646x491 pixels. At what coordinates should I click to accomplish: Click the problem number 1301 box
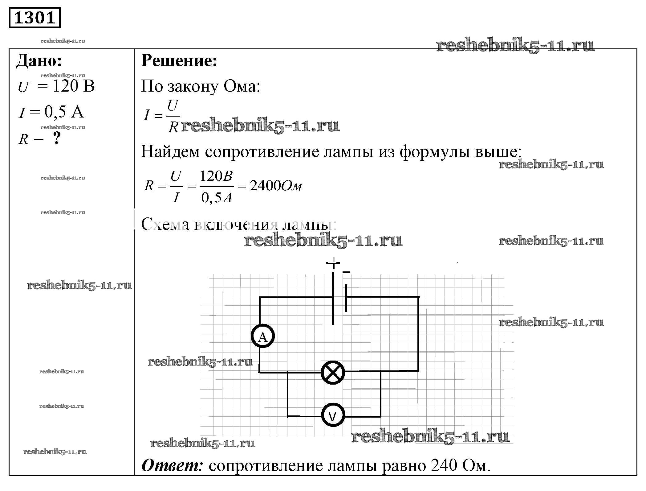coord(35,18)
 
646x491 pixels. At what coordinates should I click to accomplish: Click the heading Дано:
coord(39,61)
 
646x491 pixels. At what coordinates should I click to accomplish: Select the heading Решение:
coord(179,61)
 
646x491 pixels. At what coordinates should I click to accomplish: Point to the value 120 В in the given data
coord(74,86)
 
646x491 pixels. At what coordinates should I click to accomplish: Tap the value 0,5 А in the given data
coord(64,112)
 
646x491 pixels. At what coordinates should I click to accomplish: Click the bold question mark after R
coord(57,138)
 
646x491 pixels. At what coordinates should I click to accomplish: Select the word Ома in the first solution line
coord(242,87)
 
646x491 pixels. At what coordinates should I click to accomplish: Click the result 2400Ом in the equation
coord(276,186)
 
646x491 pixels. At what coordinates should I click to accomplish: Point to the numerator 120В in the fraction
coord(216,176)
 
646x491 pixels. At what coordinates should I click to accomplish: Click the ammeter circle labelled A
coord(263,336)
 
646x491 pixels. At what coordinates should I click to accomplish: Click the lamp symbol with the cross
coord(333,373)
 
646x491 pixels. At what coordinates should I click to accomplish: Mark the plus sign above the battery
coord(333,263)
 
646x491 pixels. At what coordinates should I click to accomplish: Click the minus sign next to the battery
coord(346,272)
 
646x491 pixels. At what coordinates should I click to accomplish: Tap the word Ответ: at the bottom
coord(172,466)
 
